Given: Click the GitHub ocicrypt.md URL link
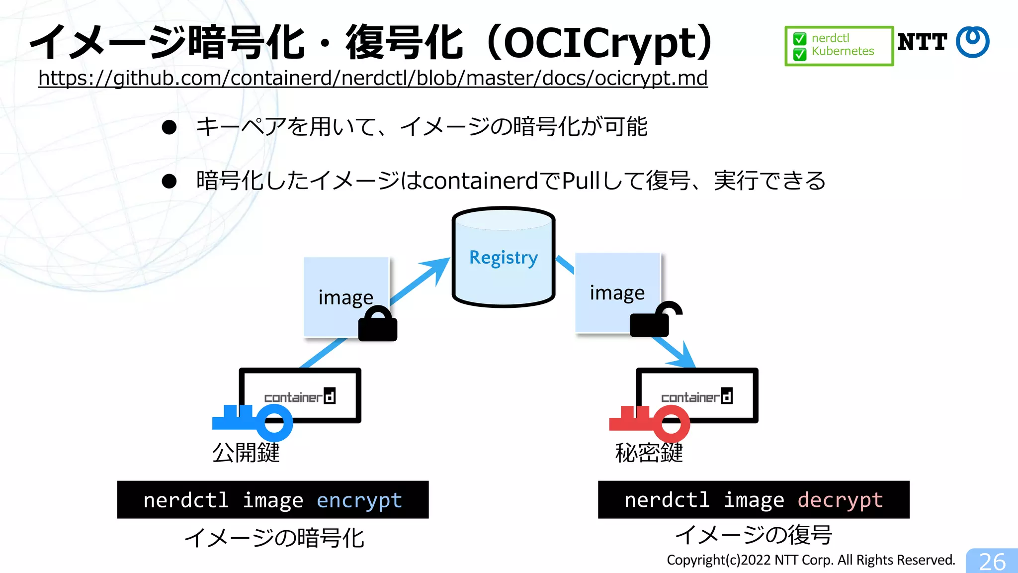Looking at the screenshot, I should (x=373, y=78).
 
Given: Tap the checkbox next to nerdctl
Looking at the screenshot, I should (x=800, y=39).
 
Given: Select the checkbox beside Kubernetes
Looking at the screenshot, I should (x=800, y=53).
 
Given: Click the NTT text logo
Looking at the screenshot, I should (x=922, y=42).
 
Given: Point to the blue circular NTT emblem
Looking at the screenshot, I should (x=973, y=42).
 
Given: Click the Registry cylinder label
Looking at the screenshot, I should (x=504, y=258).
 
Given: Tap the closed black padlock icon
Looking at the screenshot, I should (x=378, y=324).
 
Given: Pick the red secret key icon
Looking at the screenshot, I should (x=650, y=422).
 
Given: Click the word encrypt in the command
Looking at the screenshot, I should (x=359, y=500).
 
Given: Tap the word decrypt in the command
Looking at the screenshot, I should (x=840, y=500).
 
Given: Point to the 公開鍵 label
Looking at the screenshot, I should (x=246, y=453).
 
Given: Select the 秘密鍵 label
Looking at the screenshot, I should (x=649, y=453).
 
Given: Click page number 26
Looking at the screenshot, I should (x=992, y=562).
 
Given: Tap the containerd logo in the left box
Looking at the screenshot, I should (x=300, y=396).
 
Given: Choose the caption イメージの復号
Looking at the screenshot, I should (x=754, y=535).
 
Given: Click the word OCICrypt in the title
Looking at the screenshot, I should (x=601, y=43).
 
